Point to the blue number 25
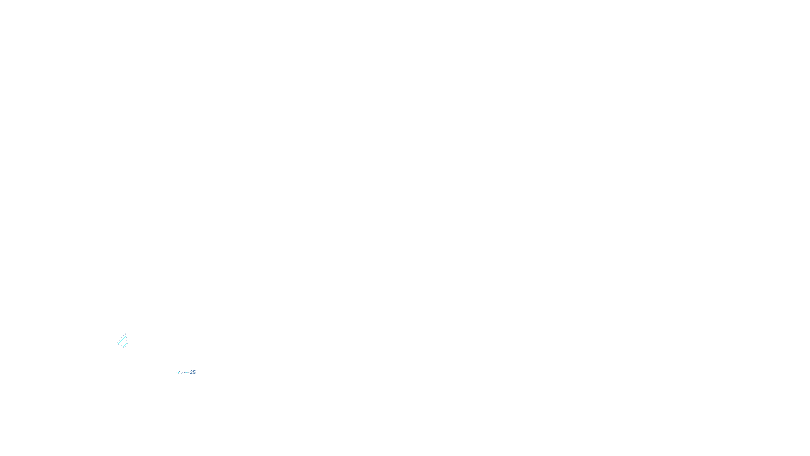tap(193, 372)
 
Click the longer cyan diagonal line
tap(122, 340)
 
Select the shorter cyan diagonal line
tap(125, 345)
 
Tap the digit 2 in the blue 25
tap(191, 372)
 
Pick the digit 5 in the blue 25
tap(194, 372)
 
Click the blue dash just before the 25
tap(188, 372)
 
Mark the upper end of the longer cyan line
tap(126, 336)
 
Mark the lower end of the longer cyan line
tap(118, 344)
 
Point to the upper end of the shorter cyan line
tap(127, 343)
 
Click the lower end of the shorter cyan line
tap(123, 347)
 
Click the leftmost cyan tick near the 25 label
tap(179, 372)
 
